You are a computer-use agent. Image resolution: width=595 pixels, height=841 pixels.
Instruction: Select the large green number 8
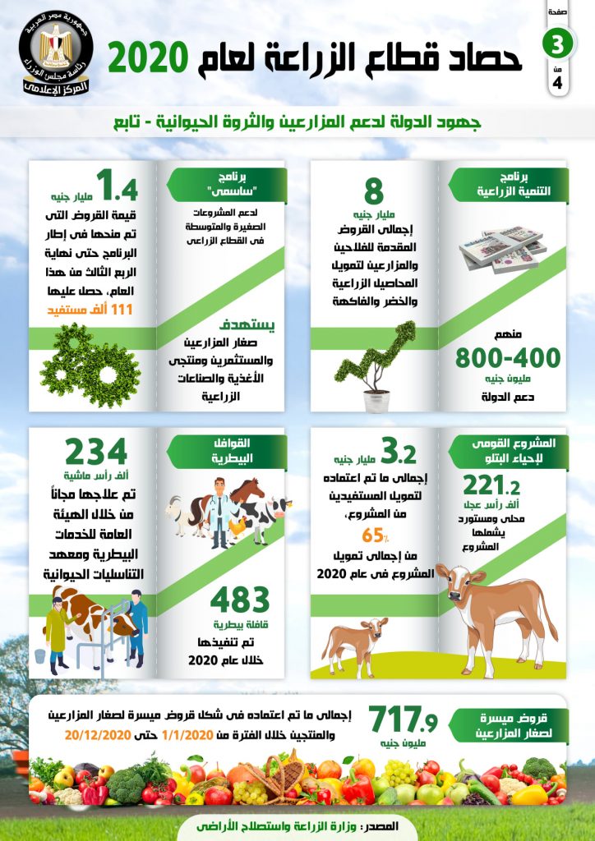tap(374, 191)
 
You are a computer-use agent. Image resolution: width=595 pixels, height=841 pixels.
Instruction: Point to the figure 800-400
tap(507, 358)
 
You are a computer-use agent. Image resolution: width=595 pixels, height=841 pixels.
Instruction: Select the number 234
tap(96, 453)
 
